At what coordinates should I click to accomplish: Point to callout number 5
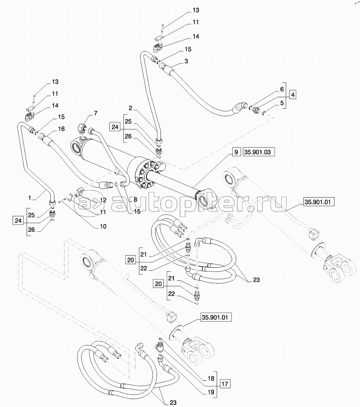pyautogui.click(x=282, y=103)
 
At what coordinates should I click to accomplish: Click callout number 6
pyautogui.click(x=282, y=89)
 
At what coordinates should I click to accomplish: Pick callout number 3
pyautogui.click(x=186, y=62)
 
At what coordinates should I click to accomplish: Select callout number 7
pyautogui.click(x=95, y=114)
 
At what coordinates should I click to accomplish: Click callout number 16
pyautogui.click(x=61, y=128)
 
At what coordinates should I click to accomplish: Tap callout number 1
pyautogui.click(x=31, y=198)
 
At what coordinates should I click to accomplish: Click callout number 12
pyautogui.click(x=103, y=200)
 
